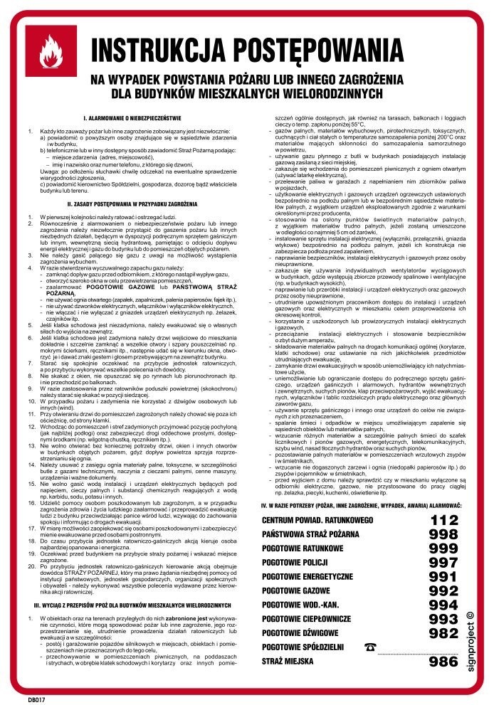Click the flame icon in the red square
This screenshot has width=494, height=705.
coord(51,52)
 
